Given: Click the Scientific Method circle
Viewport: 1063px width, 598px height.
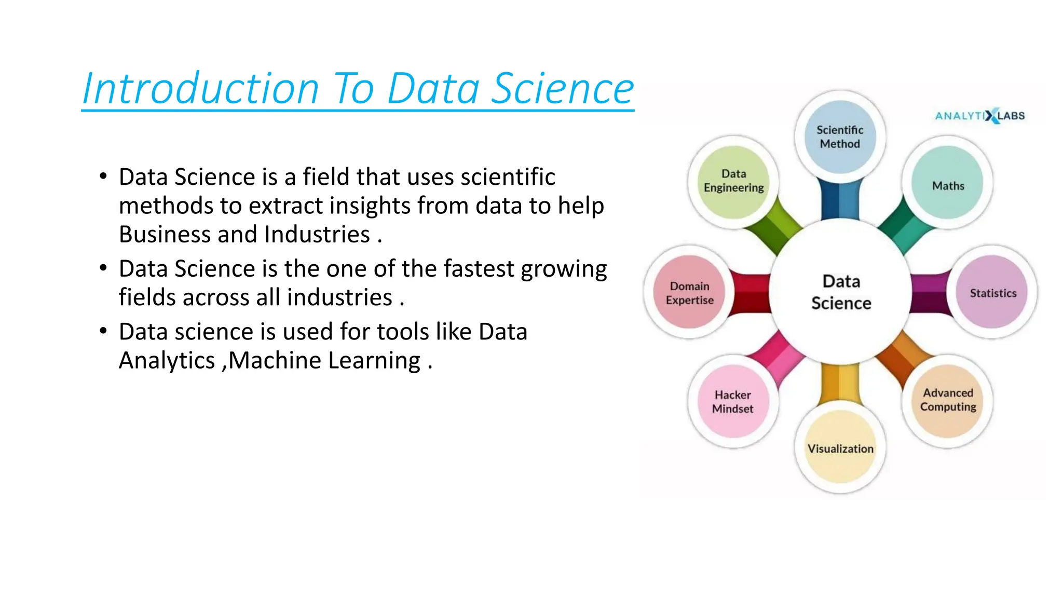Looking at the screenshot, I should pos(840,137).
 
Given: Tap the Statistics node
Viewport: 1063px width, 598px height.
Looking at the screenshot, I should pos(992,292).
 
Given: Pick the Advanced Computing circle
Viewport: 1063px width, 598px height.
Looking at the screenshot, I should pos(948,400).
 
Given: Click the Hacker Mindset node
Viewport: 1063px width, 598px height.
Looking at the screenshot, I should pos(732,401).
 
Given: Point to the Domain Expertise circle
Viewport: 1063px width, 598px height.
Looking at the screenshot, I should pos(689,292).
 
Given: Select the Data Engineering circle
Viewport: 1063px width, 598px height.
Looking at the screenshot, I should pos(733,181).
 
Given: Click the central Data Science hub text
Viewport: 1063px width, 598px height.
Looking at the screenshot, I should pos(841,292).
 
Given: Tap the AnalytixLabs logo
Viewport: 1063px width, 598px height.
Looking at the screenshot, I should pos(979,116).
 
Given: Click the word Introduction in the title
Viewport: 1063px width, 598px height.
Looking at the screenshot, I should pos(200,88).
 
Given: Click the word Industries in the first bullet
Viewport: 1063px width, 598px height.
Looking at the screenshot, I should pos(317,234).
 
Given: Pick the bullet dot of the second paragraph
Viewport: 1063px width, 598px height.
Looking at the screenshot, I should pos(103,268).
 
